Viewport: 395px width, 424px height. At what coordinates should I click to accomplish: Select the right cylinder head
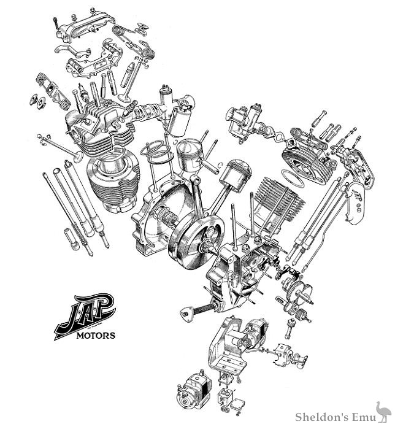pos(304,150)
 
